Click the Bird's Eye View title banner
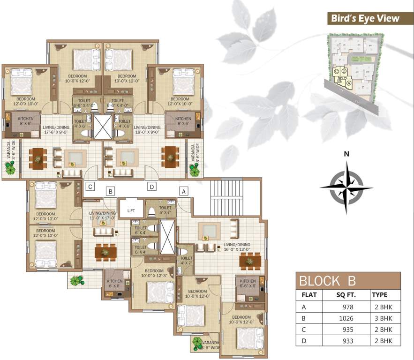click(364, 19)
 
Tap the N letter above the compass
click(346, 154)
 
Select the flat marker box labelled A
click(184, 191)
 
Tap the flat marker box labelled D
click(152, 187)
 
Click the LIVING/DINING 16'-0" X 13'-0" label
click(237, 247)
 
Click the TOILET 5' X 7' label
click(165, 210)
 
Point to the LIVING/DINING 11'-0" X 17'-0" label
click(102, 215)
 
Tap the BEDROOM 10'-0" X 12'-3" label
click(154, 273)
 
